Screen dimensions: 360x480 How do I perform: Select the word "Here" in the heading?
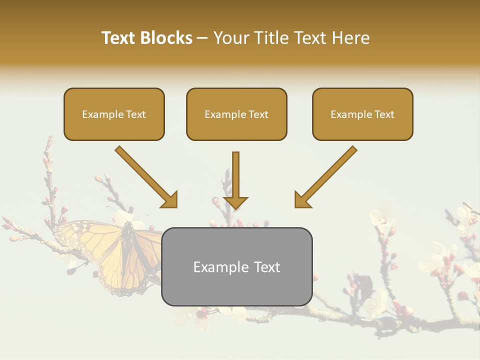[x=351, y=38]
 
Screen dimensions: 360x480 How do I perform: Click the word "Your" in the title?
[x=231, y=38]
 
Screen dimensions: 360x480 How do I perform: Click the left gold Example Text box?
[x=114, y=114]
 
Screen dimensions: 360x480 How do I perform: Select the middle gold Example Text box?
[x=236, y=114]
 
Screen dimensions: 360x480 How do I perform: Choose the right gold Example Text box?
[x=362, y=114]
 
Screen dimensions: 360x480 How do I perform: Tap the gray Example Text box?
[x=236, y=266]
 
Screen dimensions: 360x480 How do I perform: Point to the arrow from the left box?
[x=145, y=176]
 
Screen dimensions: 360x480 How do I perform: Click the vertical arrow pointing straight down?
[x=235, y=177]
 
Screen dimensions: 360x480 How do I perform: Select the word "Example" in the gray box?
[x=217, y=267]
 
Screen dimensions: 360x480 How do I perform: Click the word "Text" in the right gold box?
[x=384, y=114]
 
